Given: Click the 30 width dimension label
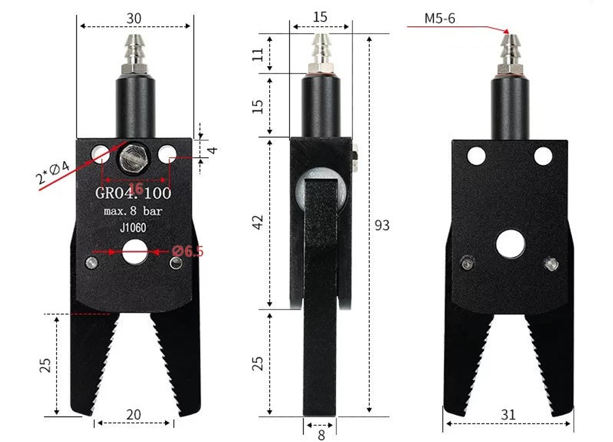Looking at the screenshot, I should pyautogui.click(x=134, y=18).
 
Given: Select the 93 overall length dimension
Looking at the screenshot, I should pyautogui.click(x=382, y=226).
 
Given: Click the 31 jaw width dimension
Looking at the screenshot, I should pyautogui.click(x=508, y=414).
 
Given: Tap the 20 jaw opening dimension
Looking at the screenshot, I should pyautogui.click(x=133, y=414).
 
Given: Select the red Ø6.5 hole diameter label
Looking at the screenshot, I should pyautogui.click(x=188, y=251).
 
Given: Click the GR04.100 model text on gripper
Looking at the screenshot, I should pyautogui.click(x=134, y=194).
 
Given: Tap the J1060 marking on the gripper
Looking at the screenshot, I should pyautogui.click(x=134, y=228).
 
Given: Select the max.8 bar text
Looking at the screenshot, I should pyautogui.click(x=134, y=211).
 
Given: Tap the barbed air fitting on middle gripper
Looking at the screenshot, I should pyautogui.click(x=321, y=49).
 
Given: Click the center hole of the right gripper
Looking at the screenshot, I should pyautogui.click(x=510, y=243).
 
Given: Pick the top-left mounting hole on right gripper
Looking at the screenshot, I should pyautogui.click(x=475, y=156).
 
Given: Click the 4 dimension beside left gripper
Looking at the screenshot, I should pyautogui.click(x=213, y=149).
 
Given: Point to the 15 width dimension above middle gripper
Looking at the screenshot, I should pyautogui.click(x=319, y=17).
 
